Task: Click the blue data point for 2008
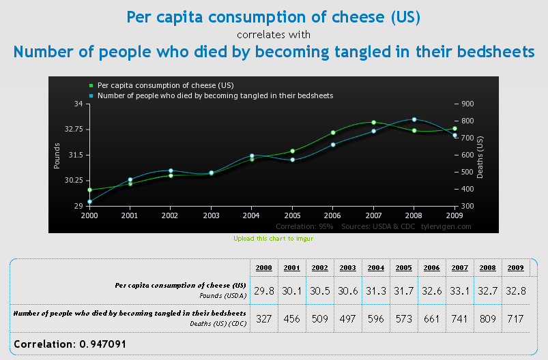(414, 119)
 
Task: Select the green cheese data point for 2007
(373, 123)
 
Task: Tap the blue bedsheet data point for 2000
(89, 202)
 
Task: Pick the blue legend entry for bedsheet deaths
(215, 96)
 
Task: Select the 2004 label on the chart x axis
(252, 215)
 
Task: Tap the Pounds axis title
(57, 155)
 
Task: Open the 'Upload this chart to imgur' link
(274, 239)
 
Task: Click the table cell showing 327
(265, 319)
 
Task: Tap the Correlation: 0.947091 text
(70, 344)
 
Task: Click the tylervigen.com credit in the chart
(446, 226)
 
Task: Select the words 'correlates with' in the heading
(274, 34)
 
